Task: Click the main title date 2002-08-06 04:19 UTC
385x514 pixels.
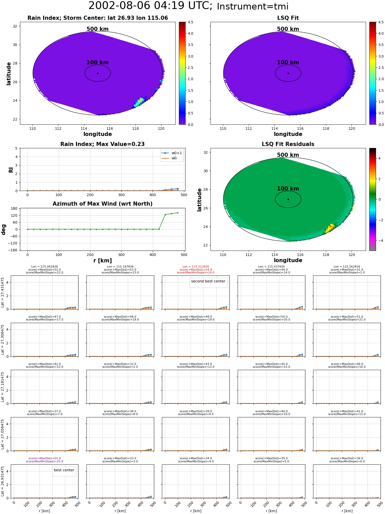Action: pyautogui.click(x=150, y=6)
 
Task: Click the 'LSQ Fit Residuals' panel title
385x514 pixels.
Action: pyautogui.click(x=288, y=144)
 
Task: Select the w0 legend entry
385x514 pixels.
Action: pyautogui.click(x=169, y=158)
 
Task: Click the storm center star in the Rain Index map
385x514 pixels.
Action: pyautogui.click(x=98, y=73)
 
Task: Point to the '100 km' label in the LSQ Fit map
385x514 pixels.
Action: pyautogui.click(x=288, y=62)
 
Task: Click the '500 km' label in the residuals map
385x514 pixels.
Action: pyautogui.click(x=288, y=155)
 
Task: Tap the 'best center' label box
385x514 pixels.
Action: pyautogui.click(x=64, y=470)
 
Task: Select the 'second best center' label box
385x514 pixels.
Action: pyautogui.click(x=208, y=281)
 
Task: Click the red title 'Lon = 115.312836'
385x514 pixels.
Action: pyautogui.click(x=196, y=267)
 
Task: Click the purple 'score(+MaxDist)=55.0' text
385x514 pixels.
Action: pyautogui.click(x=45, y=458)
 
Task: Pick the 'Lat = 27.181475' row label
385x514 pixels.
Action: pyautogui.click(x=3, y=387)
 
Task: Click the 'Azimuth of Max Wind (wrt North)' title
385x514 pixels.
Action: pyautogui.click(x=102, y=204)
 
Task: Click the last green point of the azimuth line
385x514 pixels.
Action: pyautogui.click(x=178, y=213)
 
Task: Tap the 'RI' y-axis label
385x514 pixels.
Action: pyautogui.click(x=11, y=170)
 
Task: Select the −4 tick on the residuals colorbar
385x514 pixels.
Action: pyautogui.click(x=379, y=241)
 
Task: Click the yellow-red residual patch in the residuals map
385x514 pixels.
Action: pyautogui.click(x=330, y=228)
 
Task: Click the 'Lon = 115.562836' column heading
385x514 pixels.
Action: pyautogui.click(x=347, y=267)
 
